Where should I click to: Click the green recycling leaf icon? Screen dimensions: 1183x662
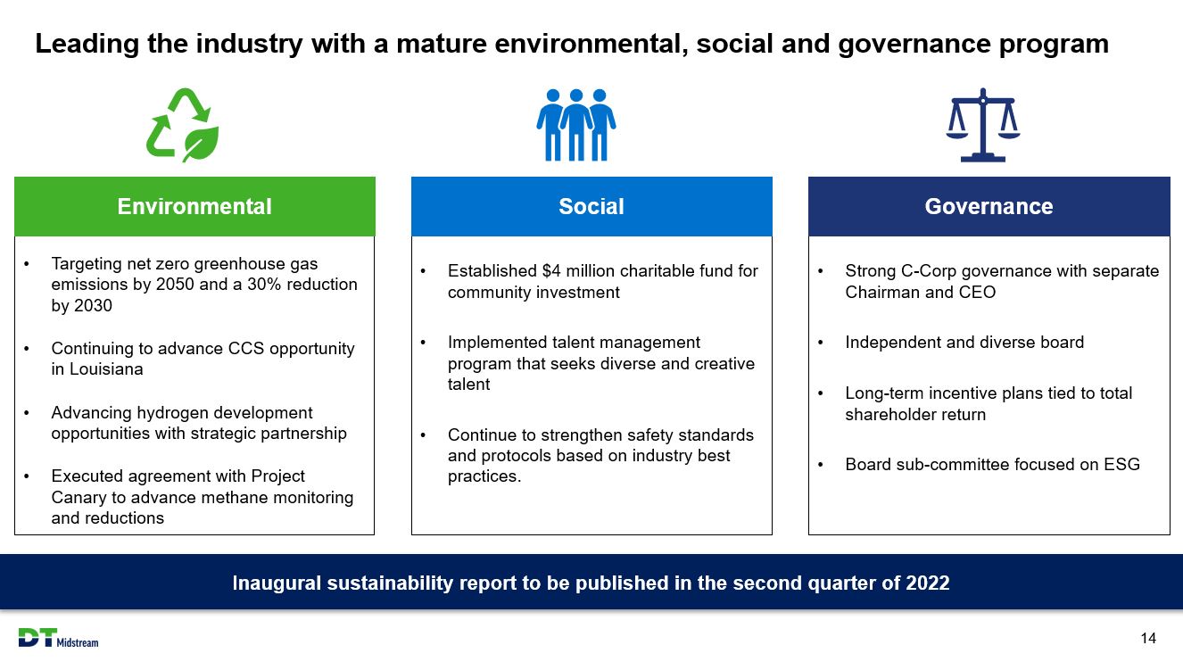click(182, 125)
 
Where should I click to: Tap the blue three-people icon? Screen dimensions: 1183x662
click(576, 125)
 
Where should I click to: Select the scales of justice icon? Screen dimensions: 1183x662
click(983, 125)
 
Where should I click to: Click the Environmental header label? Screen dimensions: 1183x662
click(194, 207)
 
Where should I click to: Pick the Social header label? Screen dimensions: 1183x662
click(591, 207)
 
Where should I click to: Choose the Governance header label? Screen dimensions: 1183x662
click(989, 207)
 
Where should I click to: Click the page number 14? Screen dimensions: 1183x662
click(1148, 638)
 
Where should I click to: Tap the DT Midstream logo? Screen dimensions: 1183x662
click(58, 638)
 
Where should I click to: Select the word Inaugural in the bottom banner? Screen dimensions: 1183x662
click(277, 583)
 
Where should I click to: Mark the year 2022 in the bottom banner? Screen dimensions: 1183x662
click(927, 583)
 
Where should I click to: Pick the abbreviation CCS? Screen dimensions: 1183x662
click(246, 349)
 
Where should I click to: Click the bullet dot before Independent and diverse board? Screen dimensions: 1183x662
click(820, 343)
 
